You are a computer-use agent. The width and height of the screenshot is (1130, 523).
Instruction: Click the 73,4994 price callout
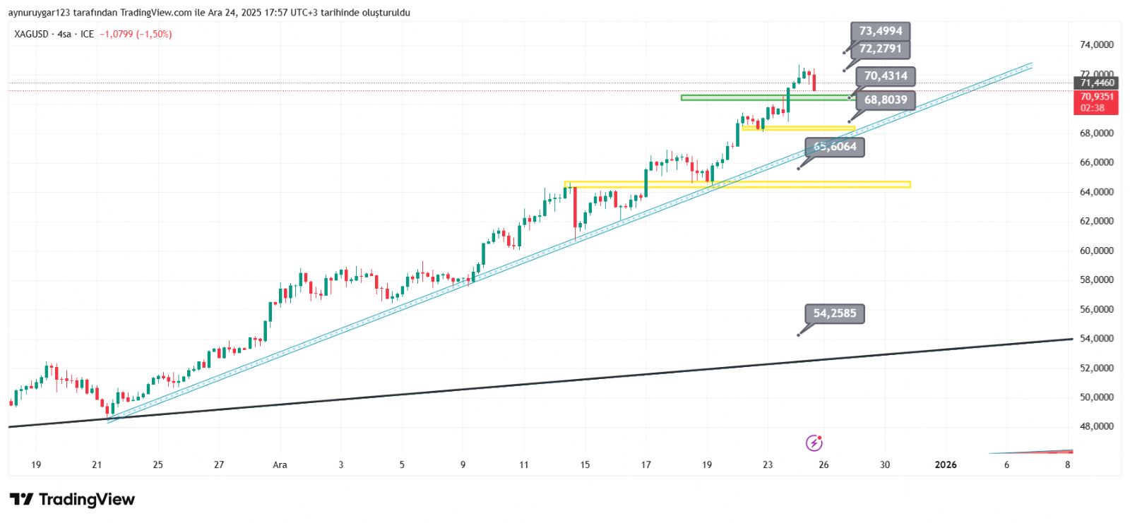pos(880,31)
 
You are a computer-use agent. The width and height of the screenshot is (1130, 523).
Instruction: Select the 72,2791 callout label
pos(880,49)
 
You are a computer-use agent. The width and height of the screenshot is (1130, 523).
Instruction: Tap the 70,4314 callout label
pos(886,76)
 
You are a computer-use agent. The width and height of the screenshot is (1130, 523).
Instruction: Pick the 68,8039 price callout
pos(886,100)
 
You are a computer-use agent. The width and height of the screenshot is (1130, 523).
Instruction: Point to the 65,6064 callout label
pos(835,147)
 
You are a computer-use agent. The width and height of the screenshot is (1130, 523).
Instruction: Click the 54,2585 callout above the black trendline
pos(834,313)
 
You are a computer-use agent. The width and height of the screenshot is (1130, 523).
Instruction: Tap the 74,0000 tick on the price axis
pos(1096,44)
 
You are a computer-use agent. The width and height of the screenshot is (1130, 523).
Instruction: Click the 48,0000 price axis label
pos(1096,426)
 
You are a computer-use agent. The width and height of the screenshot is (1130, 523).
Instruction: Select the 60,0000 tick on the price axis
pos(1096,251)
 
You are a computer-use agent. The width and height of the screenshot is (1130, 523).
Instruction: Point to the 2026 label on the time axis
pos(945,464)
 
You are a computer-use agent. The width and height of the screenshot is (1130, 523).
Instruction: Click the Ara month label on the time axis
pos(280,464)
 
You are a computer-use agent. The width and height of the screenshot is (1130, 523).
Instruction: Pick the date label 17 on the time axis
pos(646,464)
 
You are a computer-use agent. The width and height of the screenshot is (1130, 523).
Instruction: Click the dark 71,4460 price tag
pos(1096,83)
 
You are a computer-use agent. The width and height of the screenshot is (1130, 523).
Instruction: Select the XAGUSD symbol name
pos(32,34)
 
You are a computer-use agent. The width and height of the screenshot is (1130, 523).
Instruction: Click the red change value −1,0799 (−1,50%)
pos(136,34)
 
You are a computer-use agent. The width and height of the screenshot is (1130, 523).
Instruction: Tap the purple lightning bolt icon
pos(814,443)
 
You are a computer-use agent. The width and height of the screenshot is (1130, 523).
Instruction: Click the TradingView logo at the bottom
pos(72,500)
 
